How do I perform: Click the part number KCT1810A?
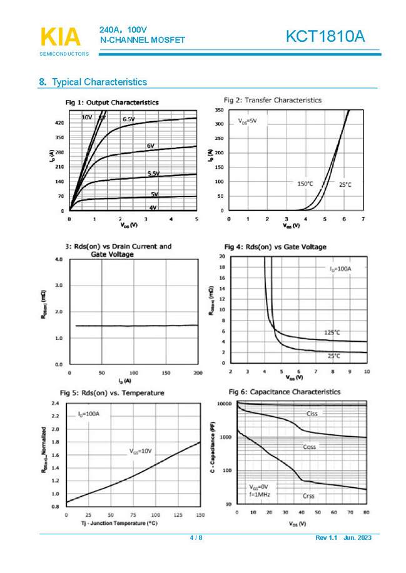tap(325, 37)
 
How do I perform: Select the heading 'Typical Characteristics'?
tap(99, 82)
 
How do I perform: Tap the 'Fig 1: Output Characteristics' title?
tap(112, 102)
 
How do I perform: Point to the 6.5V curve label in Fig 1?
tap(129, 119)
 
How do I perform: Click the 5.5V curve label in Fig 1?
tap(153, 173)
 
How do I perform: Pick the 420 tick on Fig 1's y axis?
tap(59, 123)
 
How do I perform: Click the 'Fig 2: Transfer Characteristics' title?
tap(273, 100)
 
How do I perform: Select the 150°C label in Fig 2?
tap(305, 184)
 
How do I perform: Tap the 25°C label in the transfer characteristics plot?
tap(345, 185)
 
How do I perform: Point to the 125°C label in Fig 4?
tap(332, 332)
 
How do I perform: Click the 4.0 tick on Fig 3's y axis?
tap(59, 259)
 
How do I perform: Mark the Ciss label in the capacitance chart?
tap(313, 414)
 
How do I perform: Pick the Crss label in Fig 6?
tap(308, 496)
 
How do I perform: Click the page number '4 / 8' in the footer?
tap(196, 537)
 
